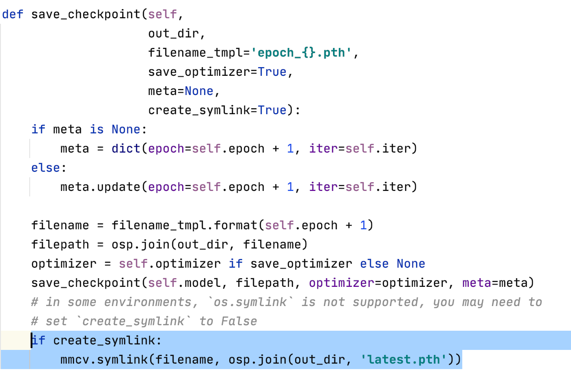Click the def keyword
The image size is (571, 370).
(x=13, y=14)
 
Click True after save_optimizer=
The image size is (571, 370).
(x=272, y=72)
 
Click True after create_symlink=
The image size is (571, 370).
(x=272, y=110)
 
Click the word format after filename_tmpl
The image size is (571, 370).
(x=235, y=225)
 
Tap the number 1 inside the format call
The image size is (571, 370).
(x=363, y=225)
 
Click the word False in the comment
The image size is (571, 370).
(x=239, y=321)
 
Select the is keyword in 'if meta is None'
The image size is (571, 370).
(x=97, y=129)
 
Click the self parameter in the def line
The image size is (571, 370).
(x=162, y=14)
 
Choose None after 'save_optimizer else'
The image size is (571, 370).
(x=411, y=264)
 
